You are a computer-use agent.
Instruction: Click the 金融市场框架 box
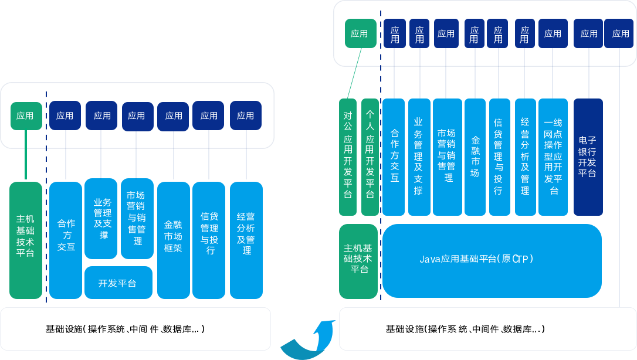(174, 240)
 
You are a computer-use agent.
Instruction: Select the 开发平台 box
(118, 283)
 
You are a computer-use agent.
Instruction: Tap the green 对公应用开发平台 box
(348, 157)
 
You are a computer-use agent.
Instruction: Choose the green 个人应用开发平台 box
(370, 157)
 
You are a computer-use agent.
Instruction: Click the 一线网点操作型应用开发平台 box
(553, 157)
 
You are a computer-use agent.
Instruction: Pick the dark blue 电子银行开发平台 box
(588, 157)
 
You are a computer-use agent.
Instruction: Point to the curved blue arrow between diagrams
(309, 341)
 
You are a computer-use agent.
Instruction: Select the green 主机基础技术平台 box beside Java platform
(358, 261)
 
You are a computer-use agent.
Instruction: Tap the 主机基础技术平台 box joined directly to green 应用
(26, 240)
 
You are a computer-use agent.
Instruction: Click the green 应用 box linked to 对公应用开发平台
(360, 33)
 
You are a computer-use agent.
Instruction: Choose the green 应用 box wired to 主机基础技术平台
(26, 116)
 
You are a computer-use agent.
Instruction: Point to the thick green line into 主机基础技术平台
(26, 155)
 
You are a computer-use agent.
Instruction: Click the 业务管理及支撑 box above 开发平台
(101, 218)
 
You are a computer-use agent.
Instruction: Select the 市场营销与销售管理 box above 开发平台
(137, 218)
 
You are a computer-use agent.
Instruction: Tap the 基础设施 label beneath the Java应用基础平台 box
(465, 329)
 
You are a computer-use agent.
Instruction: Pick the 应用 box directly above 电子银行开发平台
(588, 33)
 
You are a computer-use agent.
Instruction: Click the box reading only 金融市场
(475, 157)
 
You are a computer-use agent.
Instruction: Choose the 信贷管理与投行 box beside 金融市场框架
(209, 240)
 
